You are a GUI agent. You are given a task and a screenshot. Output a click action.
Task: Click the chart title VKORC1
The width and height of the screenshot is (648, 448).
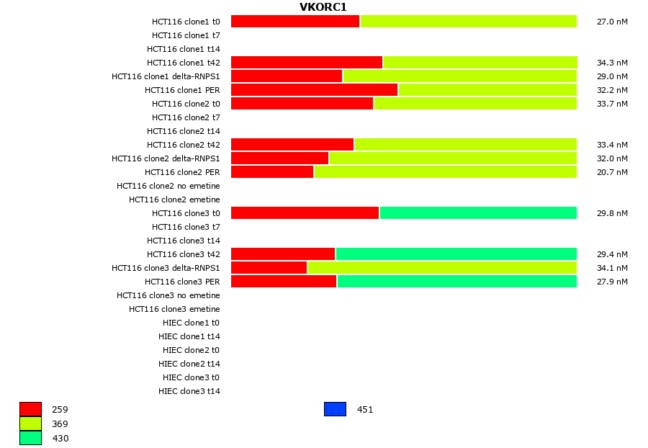[x=323, y=7]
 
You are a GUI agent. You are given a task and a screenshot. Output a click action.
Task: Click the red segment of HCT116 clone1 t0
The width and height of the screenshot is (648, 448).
[x=295, y=22]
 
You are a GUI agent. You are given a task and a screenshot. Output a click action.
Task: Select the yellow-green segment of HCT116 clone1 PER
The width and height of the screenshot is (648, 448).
[x=487, y=90]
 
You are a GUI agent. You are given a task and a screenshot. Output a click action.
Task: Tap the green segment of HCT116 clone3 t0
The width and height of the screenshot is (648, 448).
[x=478, y=213]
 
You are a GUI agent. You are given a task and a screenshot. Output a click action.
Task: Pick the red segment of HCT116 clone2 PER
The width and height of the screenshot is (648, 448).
[x=272, y=172]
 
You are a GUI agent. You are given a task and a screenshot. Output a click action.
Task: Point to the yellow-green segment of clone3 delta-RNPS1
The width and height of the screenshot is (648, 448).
[x=442, y=268]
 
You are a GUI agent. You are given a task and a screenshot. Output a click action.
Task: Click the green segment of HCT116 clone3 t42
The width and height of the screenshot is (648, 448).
[x=456, y=254]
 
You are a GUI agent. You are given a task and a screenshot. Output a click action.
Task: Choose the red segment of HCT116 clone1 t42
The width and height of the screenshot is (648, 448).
[x=307, y=63]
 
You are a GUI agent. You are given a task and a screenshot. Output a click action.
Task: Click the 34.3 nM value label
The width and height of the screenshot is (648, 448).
[x=612, y=63]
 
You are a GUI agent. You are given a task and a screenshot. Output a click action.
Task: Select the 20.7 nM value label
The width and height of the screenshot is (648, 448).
[x=612, y=172]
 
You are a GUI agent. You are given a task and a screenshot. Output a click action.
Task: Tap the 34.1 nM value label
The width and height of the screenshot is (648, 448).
[x=612, y=268]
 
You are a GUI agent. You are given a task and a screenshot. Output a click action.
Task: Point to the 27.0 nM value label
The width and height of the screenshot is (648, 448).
[x=612, y=22]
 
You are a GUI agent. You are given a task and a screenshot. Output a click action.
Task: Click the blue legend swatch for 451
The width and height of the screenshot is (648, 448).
[x=335, y=409]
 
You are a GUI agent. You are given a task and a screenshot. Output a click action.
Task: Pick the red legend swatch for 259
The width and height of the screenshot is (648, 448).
[x=30, y=409]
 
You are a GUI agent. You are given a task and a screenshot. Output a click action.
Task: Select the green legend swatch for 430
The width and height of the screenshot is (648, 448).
[x=30, y=438]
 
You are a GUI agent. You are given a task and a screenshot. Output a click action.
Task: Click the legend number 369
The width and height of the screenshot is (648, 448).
[x=60, y=424]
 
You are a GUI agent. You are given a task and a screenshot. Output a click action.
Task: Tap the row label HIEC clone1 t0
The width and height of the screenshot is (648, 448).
[x=191, y=323]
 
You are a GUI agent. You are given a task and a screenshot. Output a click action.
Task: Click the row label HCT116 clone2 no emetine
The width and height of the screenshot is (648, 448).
[x=168, y=186]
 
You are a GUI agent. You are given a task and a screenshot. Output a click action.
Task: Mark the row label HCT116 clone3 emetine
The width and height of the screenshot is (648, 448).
[x=174, y=309]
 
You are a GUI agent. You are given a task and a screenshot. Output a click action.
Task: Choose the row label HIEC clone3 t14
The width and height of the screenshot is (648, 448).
[x=189, y=391]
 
